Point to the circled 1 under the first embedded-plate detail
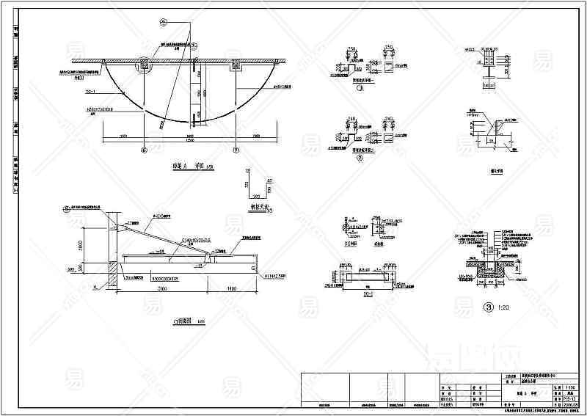point(360,88)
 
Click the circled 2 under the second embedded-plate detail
point(360,158)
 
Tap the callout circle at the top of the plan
point(163,23)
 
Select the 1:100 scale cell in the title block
point(572,388)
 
